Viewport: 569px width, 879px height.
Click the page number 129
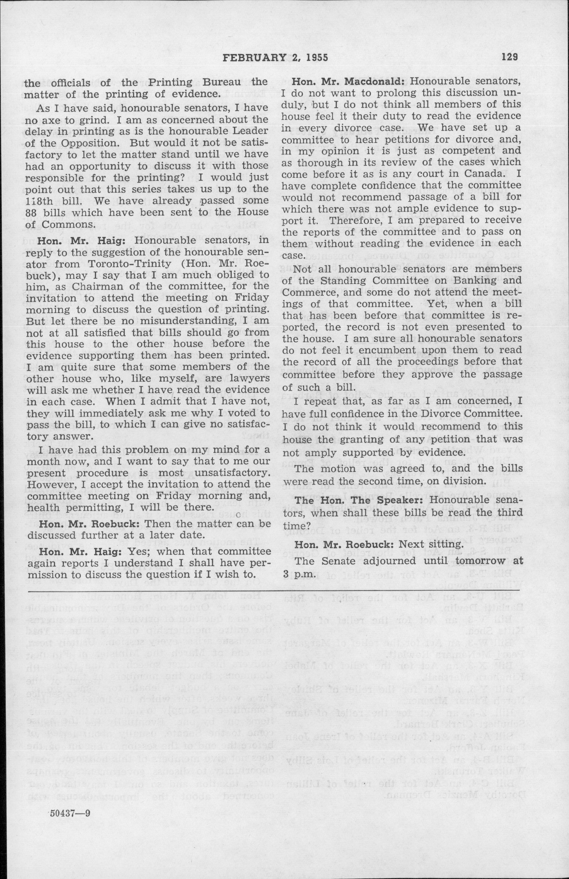coord(510,57)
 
